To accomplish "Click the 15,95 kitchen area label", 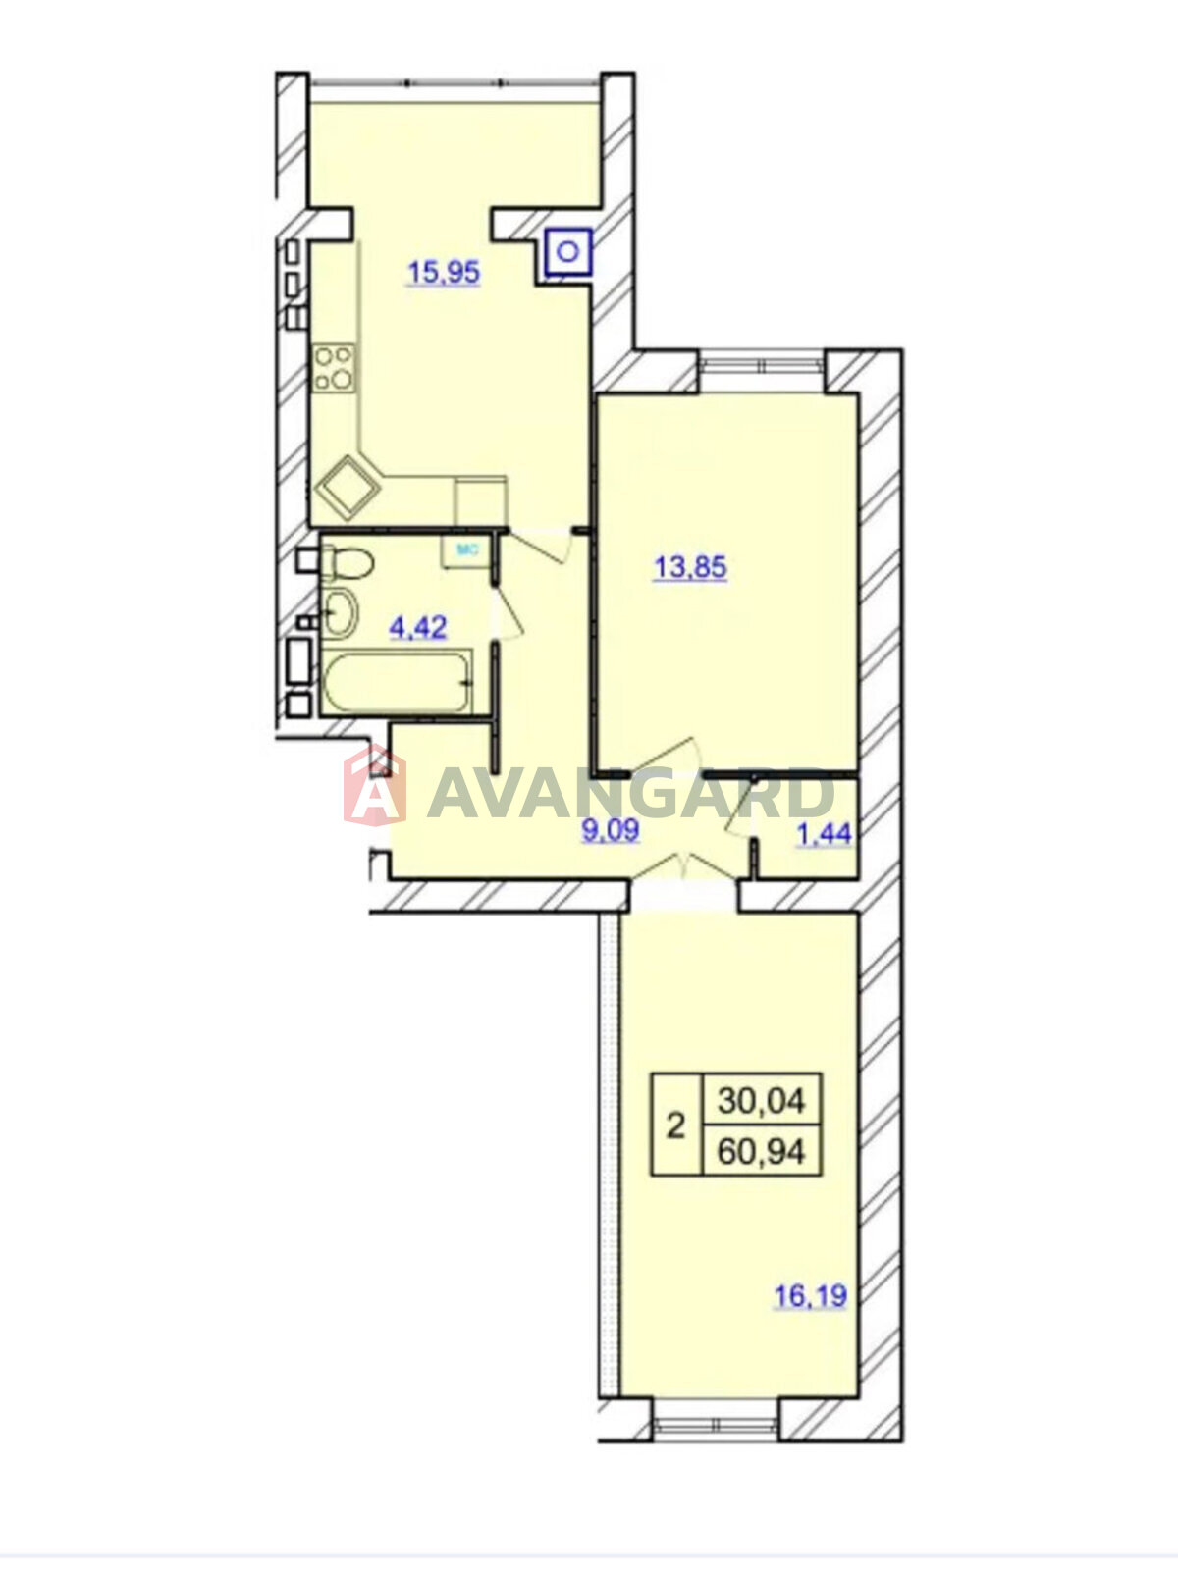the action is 444,273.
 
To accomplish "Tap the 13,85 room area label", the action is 690,567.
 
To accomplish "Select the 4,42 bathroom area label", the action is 418,627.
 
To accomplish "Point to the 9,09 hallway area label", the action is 610,831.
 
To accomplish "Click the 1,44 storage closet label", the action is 824,834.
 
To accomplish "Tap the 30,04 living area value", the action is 761,1101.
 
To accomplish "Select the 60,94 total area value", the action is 761,1152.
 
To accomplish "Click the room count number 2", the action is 676,1128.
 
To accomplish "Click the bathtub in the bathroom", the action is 397,682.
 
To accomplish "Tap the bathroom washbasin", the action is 340,612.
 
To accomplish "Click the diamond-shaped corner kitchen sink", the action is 348,488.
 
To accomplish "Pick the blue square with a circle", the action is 568,252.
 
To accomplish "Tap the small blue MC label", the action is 466,550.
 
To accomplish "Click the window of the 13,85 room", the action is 762,366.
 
